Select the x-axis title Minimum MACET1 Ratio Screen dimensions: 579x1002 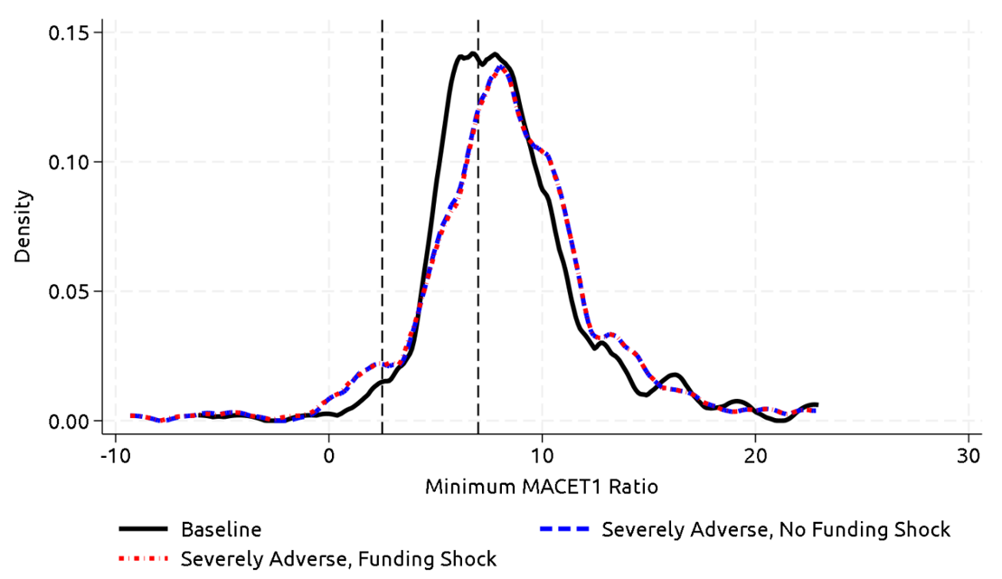[x=541, y=487]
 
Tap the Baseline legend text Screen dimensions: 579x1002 [x=222, y=529]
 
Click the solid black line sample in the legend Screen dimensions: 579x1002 [x=145, y=529]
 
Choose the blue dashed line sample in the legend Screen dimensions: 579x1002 [x=565, y=529]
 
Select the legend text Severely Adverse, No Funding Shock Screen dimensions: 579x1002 [x=776, y=529]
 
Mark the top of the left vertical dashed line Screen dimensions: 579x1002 [x=383, y=20]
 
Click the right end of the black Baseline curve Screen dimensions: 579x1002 [x=818, y=404]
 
